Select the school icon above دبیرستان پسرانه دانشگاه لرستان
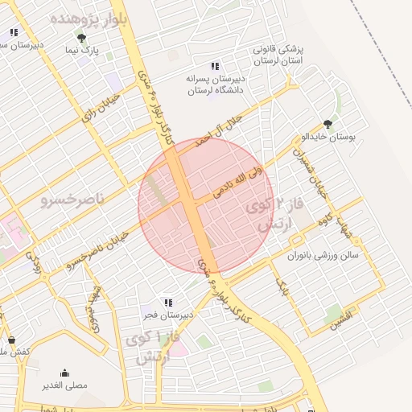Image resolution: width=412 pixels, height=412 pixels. pos(214,66)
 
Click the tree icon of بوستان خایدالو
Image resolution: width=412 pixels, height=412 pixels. pos(327,124)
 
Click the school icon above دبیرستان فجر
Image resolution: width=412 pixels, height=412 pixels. pos(167,303)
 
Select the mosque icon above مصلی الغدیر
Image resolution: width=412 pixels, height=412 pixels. pos(64,373)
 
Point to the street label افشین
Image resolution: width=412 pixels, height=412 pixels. pos(338,316)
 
